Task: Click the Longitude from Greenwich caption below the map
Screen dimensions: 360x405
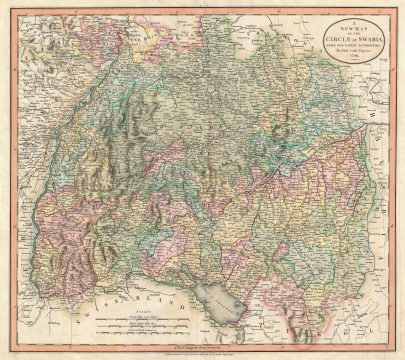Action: click(204, 345)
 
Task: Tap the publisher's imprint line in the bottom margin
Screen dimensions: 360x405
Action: click(204, 352)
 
